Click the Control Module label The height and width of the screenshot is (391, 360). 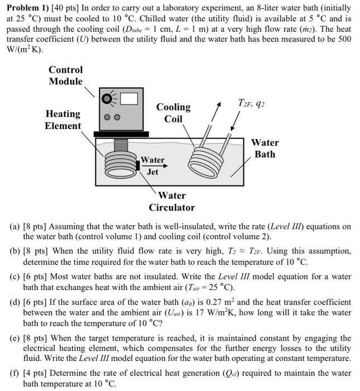[x=65, y=75]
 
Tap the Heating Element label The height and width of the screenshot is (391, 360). [x=63, y=120]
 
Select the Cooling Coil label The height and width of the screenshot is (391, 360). [x=173, y=112]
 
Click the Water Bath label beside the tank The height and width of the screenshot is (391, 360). [x=265, y=148]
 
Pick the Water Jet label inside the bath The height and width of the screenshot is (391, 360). [x=152, y=166]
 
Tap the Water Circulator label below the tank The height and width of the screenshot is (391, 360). [x=172, y=201]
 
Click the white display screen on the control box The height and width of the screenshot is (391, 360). [x=128, y=99]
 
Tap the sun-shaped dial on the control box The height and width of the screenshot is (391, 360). [x=108, y=99]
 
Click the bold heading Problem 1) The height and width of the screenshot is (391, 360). [x=27, y=7]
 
